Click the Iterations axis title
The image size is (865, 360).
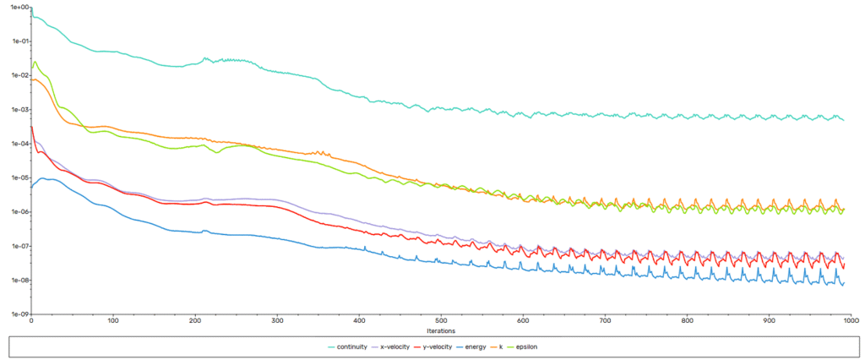[440, 330]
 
